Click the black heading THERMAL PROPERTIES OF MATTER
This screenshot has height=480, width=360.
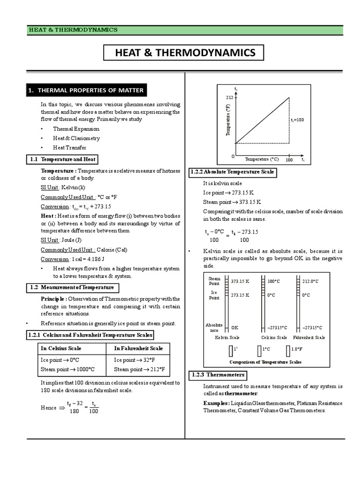86,90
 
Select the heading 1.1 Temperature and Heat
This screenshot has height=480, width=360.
62,159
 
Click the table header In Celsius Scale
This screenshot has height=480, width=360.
61,348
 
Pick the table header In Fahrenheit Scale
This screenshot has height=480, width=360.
138,348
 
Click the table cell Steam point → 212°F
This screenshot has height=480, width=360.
137,369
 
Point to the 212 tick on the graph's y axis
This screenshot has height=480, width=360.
229,98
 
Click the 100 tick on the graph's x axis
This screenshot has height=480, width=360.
289,160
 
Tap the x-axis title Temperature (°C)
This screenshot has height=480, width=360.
262,159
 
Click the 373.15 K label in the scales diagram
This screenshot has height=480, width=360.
240,281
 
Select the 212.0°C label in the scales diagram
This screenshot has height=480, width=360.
310,281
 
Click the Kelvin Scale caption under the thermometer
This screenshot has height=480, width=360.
227,337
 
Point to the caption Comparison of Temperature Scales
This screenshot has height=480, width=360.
265,362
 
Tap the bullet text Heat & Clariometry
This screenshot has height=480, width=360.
76,138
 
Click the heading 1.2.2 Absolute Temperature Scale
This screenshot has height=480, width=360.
232,172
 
